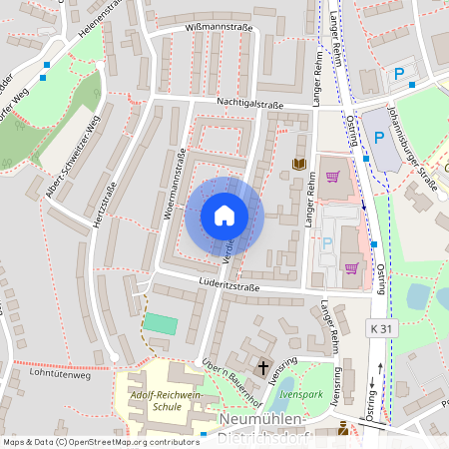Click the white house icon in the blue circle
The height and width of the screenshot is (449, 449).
[x=224, y=216]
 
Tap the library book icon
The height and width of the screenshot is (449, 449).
[x=298, y=164]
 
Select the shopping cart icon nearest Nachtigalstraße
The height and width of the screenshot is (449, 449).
[x=332, y=177]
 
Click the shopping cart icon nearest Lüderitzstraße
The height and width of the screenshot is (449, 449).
[x=350, y=267]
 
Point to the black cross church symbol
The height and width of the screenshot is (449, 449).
[x=264, y=368]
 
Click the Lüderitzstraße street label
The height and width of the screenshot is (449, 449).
[x=228, y=287]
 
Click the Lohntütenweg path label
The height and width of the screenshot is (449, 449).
[x=60, y=376]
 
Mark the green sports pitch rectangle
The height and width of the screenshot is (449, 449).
[x=159, y=324]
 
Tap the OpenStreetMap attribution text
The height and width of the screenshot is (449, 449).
[x=101, y=441]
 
